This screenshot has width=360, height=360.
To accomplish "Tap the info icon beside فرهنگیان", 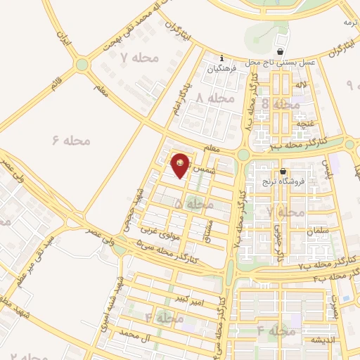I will click(222, 58).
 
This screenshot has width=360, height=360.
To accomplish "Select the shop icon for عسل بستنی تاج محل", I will click(281, 51).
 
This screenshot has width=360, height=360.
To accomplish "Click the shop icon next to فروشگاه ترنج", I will click(283, 171).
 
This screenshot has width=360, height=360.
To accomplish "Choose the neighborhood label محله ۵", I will click(193, 203).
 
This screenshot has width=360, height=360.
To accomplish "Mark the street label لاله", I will click(302, 85).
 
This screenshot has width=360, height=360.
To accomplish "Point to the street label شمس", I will click(200, 170).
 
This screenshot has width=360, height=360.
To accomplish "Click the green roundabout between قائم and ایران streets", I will click(83, 65).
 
